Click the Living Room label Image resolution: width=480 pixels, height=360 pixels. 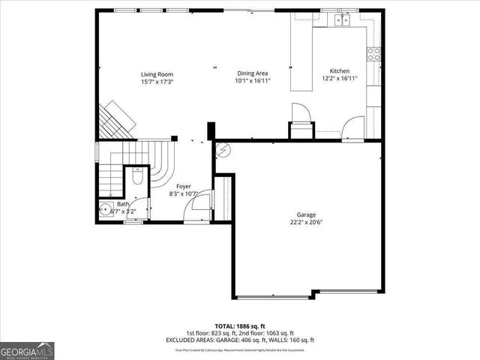tap(157, 73)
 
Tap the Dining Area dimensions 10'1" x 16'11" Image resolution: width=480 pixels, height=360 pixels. tap(252, 80)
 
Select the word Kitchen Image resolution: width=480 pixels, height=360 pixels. tap(334, 70)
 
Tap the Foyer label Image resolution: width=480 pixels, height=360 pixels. tap(184, 186)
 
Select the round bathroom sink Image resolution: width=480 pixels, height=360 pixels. tap(104, 209)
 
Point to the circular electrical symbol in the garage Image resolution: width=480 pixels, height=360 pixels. tap(222, 151)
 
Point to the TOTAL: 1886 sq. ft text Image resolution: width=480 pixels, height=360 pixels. tap(240, 325)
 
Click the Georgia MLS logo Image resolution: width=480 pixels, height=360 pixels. tap(28, 350)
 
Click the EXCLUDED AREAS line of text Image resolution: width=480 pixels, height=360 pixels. tap(240, 340)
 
